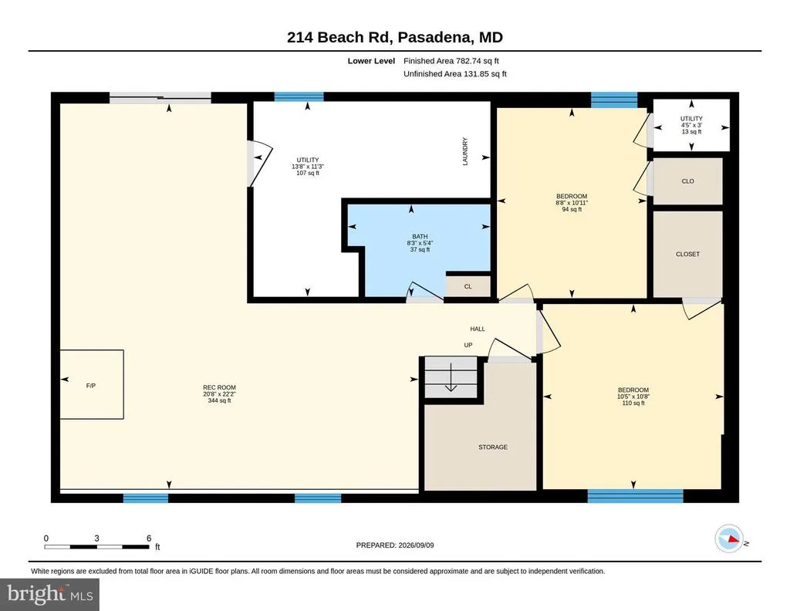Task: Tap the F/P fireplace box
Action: pos(92,384)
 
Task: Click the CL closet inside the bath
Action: pos(468,286)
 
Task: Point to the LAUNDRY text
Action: pos(465,152)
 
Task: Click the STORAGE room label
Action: pos(493,447)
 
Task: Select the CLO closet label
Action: pos(687,181)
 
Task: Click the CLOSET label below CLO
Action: pos(687,254)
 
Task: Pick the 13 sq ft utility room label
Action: pos(691,125)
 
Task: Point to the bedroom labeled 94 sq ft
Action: pos(572,202)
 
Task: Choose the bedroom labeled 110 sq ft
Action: pos(633,397)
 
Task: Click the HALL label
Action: pos(478,329)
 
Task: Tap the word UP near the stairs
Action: pos(468,345)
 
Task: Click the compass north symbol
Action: pos(729,539)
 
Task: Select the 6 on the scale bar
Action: pos(149,538)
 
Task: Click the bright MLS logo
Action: pos(49,594)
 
